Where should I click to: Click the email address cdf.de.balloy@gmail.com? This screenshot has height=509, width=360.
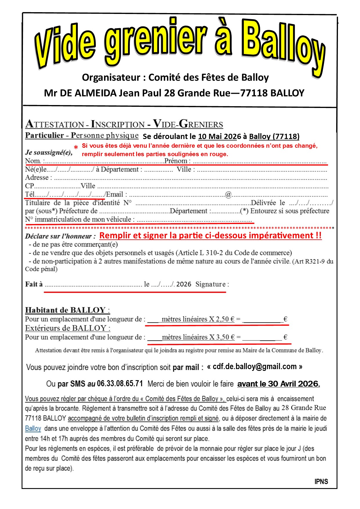[x=255, y=367]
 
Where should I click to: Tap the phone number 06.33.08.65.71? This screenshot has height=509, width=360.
[x=120, y=384]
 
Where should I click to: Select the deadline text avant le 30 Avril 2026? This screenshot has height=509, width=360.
[x=278, y=384]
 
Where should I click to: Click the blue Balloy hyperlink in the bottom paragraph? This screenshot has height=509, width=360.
[x=33, y=429]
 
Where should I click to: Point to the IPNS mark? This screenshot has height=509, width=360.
[x=321, y=482]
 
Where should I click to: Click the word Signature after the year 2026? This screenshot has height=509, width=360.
[x=210, y=284]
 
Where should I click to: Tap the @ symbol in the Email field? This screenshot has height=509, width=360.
[x=228, y=194]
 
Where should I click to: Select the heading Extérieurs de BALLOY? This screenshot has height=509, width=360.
[x=67, y=328]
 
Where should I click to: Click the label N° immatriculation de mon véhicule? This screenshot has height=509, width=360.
[x=80, y=219]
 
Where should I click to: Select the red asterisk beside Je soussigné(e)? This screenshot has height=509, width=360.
[x=76, y=147]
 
